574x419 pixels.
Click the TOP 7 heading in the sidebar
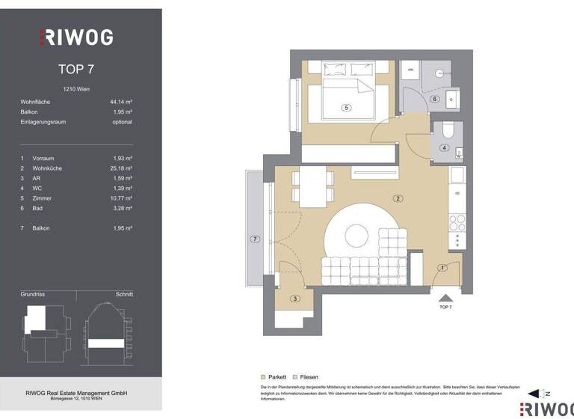[x=75, y=70]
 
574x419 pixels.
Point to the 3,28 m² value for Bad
[x=121, y=208]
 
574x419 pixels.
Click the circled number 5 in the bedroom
[x=345, y=108]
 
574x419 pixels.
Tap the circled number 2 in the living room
[x=398, y=198]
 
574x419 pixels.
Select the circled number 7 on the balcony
[x=255, y=239]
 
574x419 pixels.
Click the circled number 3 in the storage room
[x=294, y=299]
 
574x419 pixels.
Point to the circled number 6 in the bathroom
[x=434, y=99]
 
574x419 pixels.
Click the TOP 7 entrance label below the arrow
[x=445, y=308]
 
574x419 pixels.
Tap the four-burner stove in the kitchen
[x=457, y=221]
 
